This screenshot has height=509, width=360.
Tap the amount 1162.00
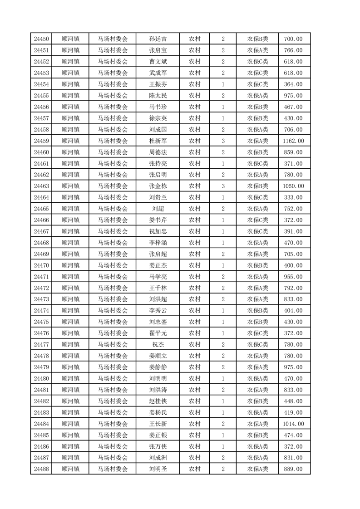coord(293,141)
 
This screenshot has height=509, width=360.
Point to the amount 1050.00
coord(293,186)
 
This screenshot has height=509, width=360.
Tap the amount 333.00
coord(293,198)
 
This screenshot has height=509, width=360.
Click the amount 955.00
coord(293,277)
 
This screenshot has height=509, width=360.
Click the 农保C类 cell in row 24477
coord(257,345)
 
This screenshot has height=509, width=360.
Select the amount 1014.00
coord(293,424)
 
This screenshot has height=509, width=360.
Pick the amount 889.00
coord(293,469)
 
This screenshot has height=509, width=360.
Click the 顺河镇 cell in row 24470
coord(70,265)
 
